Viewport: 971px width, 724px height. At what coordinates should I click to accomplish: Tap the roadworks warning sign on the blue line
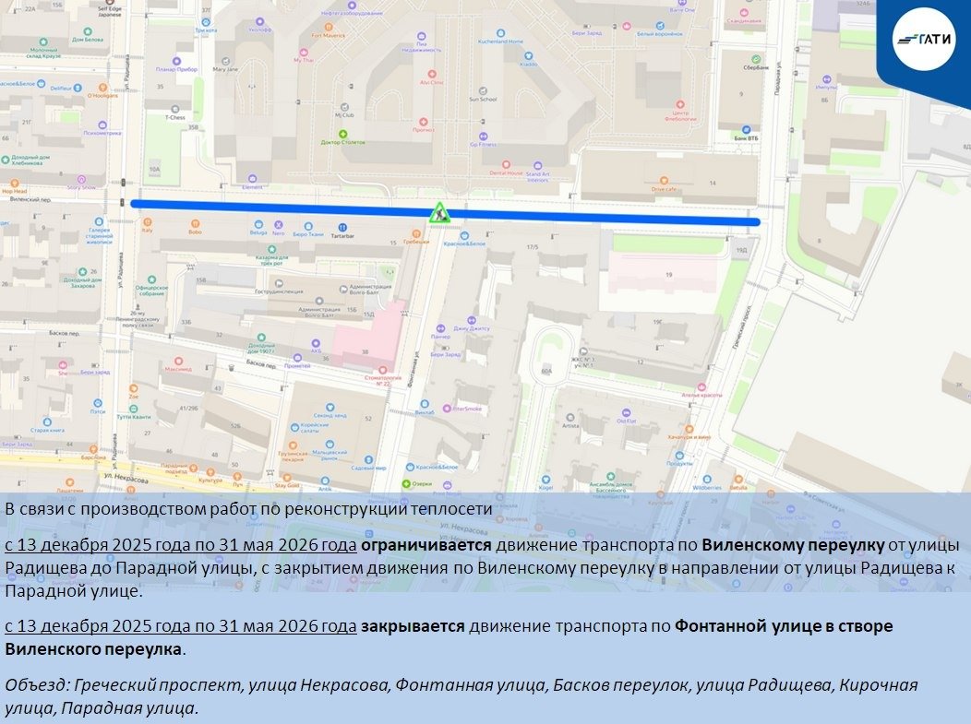pos(439,213)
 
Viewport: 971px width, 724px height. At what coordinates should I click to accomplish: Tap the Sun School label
pos(483,99)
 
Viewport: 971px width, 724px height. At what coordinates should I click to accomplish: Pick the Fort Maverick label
pos(328,36)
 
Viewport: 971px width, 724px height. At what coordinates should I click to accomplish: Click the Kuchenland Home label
pos(500,42)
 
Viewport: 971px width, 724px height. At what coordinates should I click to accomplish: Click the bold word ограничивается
pos(425,545)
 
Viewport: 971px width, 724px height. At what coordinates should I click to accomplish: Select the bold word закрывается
pos(413,626)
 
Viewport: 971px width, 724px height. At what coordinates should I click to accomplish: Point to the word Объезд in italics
pos(36,684)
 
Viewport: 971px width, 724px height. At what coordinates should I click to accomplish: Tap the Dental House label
pos(506,172)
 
